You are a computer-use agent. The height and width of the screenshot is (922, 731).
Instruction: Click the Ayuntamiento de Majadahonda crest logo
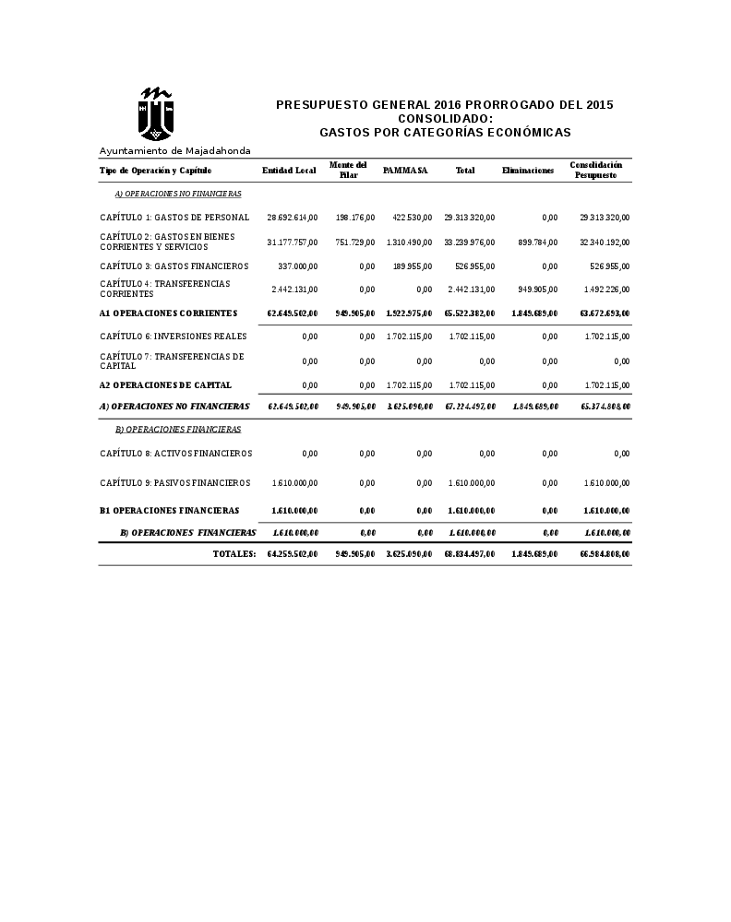[157, 112]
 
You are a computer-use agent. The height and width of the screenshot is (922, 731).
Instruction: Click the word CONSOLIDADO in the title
[445, 119]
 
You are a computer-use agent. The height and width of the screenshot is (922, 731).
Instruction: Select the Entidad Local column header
[289, 171]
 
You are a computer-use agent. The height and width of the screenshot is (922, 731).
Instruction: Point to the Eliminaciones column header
[528, 171]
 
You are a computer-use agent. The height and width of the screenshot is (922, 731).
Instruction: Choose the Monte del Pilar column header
[348, 170]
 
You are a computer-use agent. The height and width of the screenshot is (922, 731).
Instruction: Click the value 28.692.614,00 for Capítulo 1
[293, 218]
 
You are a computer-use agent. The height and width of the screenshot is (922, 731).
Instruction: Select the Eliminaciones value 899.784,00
[533, 242]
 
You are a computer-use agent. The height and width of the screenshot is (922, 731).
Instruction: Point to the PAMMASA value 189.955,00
[412, 266]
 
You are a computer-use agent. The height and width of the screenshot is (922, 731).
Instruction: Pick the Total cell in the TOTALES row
[470, 554]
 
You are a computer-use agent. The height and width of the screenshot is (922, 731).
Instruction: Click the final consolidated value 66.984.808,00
[605, 554]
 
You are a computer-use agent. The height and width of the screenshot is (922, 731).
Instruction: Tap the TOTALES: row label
[234, 554]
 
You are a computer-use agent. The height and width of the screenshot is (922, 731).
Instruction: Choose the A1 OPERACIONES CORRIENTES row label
[168, 313]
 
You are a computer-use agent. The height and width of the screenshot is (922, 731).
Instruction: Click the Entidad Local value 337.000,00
[297, 266]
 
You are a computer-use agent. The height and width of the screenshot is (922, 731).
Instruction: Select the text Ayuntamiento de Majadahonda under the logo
[175, 150]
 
